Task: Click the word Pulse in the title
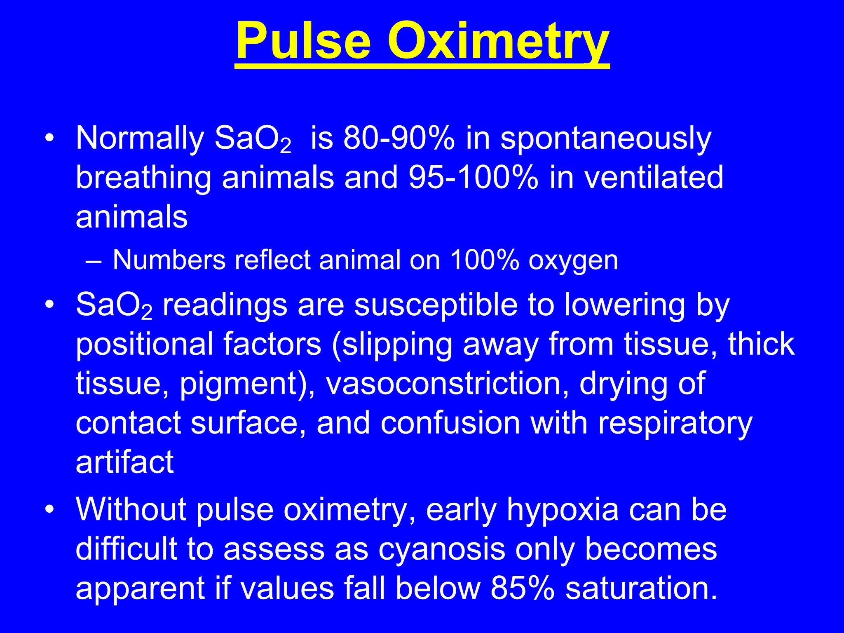[304, 42]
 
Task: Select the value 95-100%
[474, 178]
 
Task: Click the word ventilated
[654, 178]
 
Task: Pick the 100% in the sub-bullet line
[484, 260]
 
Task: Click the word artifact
[124, 462]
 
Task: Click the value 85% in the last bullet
[523, 588]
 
